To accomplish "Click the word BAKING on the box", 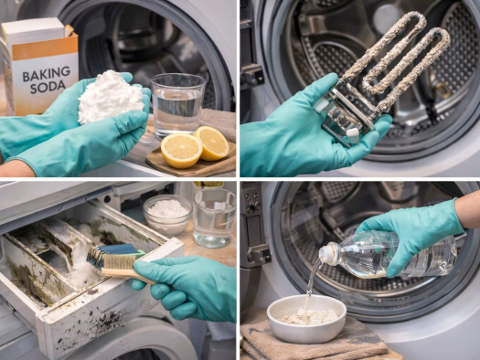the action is [47, 74].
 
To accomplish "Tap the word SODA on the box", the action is [48, 88].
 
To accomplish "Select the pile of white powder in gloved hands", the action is [110, 97].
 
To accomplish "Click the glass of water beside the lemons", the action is [177, 105].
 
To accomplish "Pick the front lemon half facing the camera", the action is [181, 150].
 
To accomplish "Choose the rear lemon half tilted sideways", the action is [212, 143].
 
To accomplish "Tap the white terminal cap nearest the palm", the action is [352, 135].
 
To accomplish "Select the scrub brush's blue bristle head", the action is [115, 257].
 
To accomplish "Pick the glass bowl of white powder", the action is [167, 215].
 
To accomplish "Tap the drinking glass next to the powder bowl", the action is [214, 217].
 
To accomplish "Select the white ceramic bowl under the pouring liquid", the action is [306, 318].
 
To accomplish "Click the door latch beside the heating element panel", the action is [252, 76].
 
